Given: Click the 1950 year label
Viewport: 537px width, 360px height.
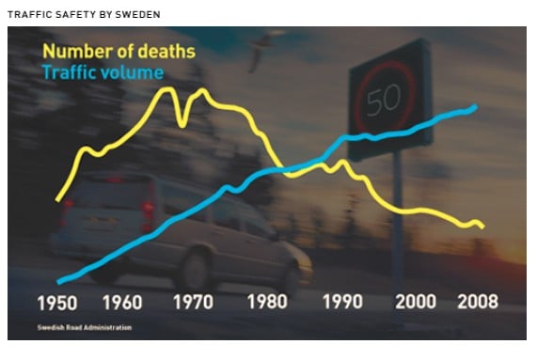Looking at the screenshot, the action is [57, 303].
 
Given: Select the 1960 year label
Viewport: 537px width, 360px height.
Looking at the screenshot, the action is [122, 303].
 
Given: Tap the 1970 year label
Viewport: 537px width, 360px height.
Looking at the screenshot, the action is [193, 302].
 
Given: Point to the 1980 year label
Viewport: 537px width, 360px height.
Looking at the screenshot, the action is [267, 302].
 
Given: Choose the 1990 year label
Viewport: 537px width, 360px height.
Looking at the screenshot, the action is [342, 302].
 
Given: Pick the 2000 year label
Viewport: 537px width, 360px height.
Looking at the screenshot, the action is [416, 302].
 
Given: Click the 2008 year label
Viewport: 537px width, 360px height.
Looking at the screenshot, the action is [478, 302].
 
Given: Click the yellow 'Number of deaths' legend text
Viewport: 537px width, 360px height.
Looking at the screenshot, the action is [118, 52].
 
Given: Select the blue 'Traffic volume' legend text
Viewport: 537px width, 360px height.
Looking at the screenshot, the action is [103, 72].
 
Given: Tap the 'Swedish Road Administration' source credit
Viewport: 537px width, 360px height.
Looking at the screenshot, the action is [85, 327].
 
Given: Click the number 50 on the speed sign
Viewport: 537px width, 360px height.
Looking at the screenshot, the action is [384, 100].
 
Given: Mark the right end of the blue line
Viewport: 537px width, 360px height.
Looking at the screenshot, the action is [476, 106].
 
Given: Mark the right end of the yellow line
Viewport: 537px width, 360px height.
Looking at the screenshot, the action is [482, 227].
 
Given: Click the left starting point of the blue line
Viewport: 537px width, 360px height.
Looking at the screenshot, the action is [59, 282].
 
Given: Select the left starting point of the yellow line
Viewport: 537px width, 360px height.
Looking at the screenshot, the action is [57, 199].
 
